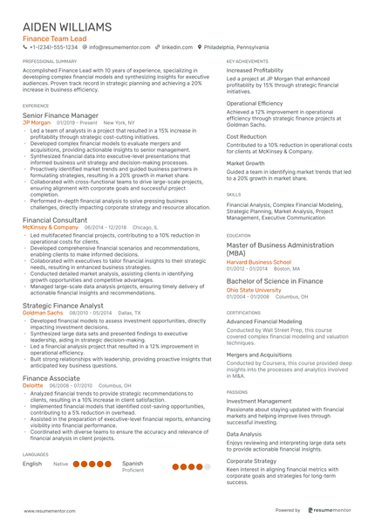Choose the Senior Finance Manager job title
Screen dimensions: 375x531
[x=60, y=115]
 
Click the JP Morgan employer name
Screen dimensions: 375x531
[x=37, y=123]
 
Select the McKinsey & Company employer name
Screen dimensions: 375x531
[x=50, y=227]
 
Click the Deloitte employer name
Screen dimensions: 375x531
[x=32, y=385]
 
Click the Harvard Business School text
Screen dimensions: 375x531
[x=259, y=262]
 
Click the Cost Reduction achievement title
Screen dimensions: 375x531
[x=247, y=136]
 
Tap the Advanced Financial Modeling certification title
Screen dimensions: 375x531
[x=264, y=322]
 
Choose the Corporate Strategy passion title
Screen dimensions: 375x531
[x=252, y=460]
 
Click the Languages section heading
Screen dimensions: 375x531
[x=36, y=455]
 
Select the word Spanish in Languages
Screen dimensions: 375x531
[x=133, y=463]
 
